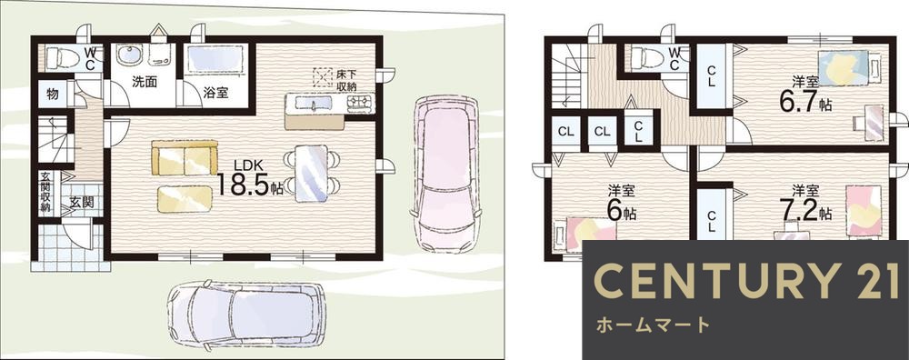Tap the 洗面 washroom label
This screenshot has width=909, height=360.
pyautogui.click(x=144, y=82)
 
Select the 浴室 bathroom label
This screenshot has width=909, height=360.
pyautogui.click(x=215, y=92)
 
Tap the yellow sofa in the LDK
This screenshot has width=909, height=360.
pyautogui.click(x=185, y=158)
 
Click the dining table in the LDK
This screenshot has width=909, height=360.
pyautogui.click(x=312, y=172)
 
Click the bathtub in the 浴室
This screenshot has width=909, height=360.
pyautogui.click(x=215, y=62)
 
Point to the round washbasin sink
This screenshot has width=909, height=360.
pyautogui.click(x=129, y=58)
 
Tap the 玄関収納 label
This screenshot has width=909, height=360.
pyautogui.click(x=45, y=193)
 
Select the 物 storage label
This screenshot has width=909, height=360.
pyautogui.click(x=54, y=93)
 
